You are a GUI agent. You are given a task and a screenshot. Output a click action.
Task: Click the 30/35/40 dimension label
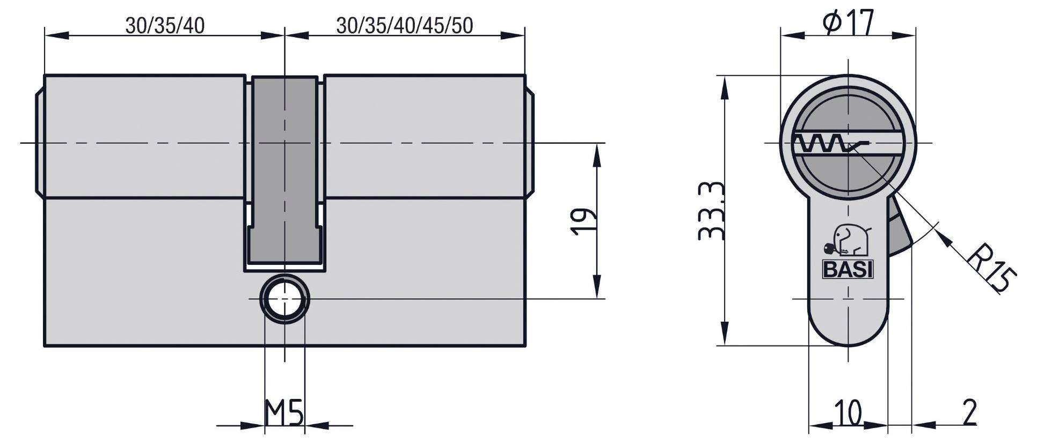point(165,25)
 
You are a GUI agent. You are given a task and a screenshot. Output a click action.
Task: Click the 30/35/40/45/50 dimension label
point(405,25)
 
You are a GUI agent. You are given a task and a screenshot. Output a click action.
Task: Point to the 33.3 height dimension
point(712,211)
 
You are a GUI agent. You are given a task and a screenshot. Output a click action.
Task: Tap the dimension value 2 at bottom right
point(969,412)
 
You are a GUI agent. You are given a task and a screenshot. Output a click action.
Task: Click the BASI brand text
point(848,270)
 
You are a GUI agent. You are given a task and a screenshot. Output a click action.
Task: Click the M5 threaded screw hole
point(284,299)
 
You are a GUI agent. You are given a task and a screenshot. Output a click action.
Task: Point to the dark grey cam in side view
point(284,172)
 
